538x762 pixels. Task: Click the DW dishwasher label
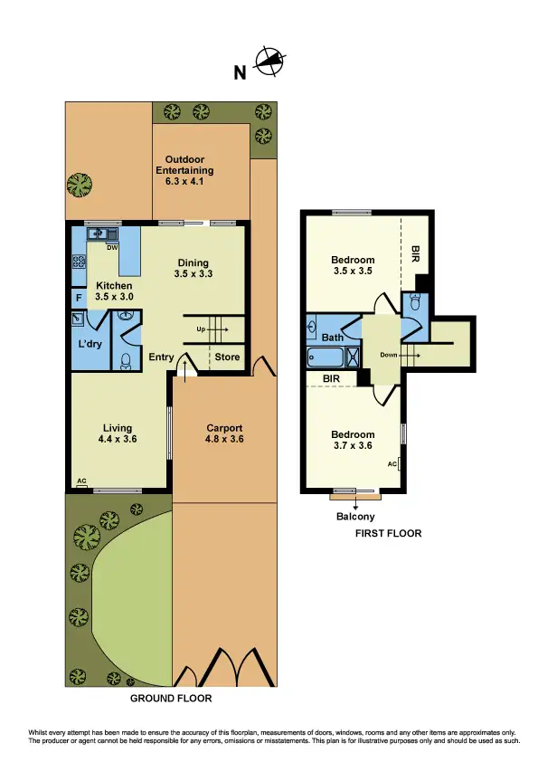[x=112, y=246]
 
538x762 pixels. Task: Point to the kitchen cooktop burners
[x=80, y=263]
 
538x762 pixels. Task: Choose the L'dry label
[x=89, y=345]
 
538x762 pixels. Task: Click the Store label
[x=227, y=357]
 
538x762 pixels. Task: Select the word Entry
[x=161, y=357]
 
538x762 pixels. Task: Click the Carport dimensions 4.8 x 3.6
[x=224, y=440]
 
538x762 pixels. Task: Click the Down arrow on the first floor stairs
[x=399, y=356]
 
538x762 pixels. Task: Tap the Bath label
[x=332, y=338]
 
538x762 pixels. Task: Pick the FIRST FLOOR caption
[x=388, y=534]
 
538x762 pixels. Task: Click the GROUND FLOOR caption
[x=171, y=699]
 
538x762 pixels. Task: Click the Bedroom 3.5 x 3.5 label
[x=353, y=265]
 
